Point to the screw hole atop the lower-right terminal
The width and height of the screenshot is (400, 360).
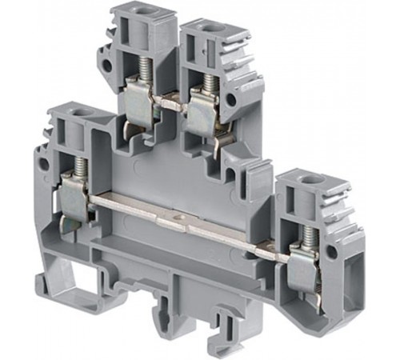tap(303, 177)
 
